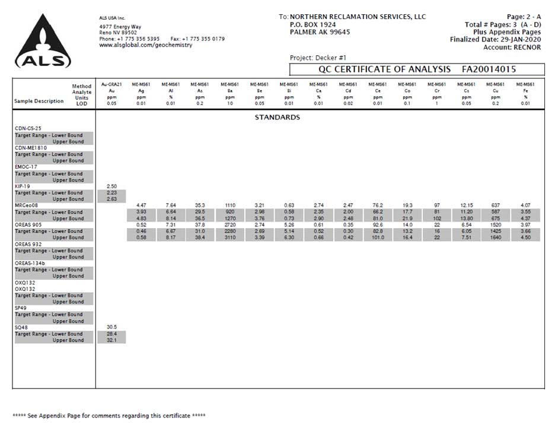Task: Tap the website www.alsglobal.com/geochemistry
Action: [145, 45]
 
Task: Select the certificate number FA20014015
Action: [489, 69]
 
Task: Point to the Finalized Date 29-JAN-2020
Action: [495, 40]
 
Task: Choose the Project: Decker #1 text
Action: [317, 58]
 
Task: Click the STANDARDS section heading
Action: [277, 117]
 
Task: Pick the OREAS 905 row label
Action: [28, 225]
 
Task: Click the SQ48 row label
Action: [21, 327]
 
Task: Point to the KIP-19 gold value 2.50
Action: [111, 186]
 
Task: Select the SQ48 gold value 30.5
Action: [111, 327]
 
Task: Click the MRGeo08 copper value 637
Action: [496, 205]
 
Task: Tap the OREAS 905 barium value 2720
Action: [230, 225]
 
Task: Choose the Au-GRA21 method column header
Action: [111, 84]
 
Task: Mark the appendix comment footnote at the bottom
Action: [109, 415]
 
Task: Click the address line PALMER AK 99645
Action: [320, 32]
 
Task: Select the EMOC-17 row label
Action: [25, 167]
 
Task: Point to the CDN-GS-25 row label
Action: [28, 128]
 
